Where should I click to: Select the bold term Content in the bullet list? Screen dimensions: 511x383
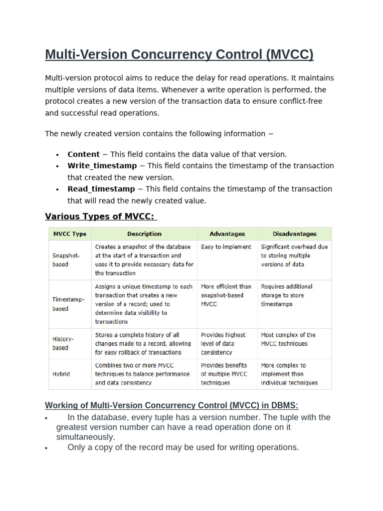(83, 154)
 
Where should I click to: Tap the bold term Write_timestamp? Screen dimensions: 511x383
(102, 166)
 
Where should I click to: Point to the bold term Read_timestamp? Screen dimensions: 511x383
(101, 189)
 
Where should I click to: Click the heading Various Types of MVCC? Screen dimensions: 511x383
(100, 216)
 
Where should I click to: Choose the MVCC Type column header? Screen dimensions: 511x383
(70, 234)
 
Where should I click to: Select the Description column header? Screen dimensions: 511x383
(144, 234)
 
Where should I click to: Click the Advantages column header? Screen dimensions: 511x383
(227, 234)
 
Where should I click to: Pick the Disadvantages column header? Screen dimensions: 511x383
(294, 234)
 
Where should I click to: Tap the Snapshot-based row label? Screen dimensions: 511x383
(66, 259)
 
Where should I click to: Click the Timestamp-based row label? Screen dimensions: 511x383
(69, 304)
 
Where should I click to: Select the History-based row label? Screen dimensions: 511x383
(63, 343)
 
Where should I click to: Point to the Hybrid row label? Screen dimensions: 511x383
(61, 374)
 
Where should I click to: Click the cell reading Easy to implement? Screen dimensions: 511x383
(226, 247)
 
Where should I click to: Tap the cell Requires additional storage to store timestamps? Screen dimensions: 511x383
(286, 295)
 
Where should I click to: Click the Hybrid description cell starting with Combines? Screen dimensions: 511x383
(142, 374)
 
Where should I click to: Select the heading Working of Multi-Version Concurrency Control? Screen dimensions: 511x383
(172, 405)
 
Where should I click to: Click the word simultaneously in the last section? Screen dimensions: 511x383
(86, 437)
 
